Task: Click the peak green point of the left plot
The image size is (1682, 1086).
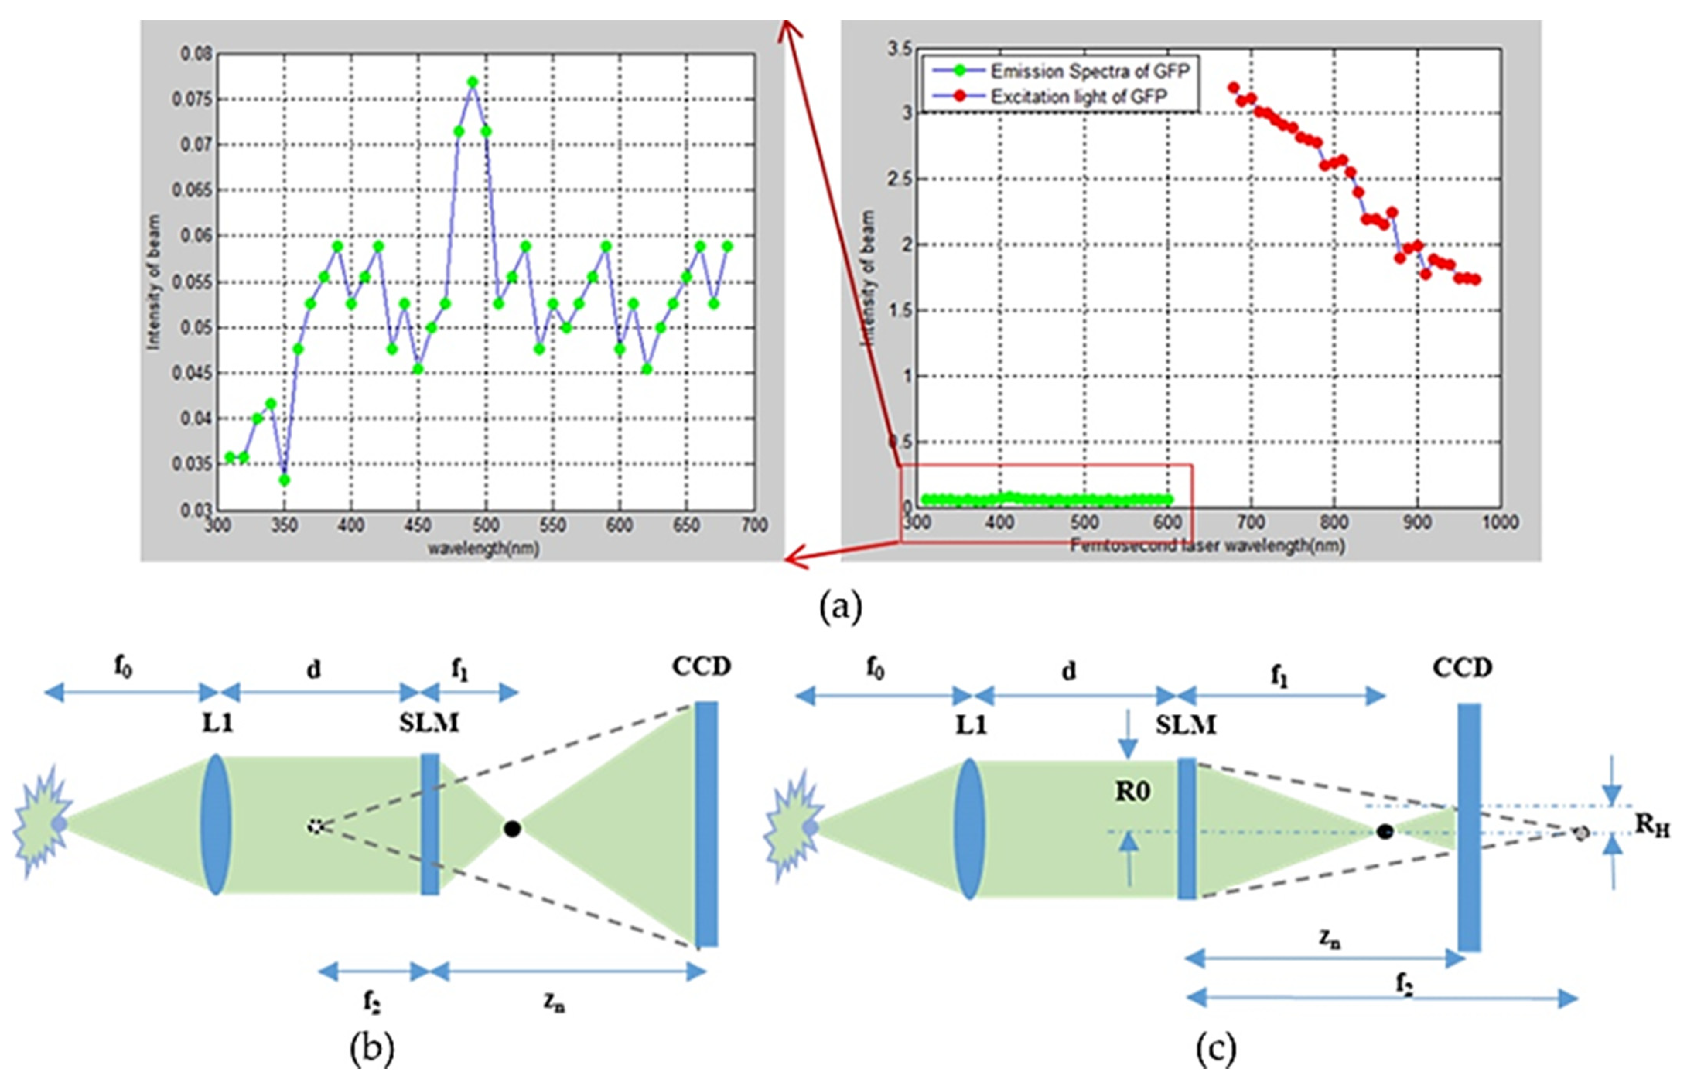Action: [473, 82]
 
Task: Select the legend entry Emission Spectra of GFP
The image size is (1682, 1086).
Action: [1089, 71]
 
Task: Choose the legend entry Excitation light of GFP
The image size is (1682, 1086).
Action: [1079, 97]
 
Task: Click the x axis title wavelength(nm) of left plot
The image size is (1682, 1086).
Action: [484, 548]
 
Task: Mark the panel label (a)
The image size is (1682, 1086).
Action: [841, 606]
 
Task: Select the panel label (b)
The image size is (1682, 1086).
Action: [372, 1048]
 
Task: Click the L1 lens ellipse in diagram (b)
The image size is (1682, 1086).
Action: [216, 825]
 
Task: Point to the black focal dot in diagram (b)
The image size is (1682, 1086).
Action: [513, 829]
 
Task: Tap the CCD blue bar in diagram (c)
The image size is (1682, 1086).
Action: [1470, 826]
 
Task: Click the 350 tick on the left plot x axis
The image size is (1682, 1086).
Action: [284, 525]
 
